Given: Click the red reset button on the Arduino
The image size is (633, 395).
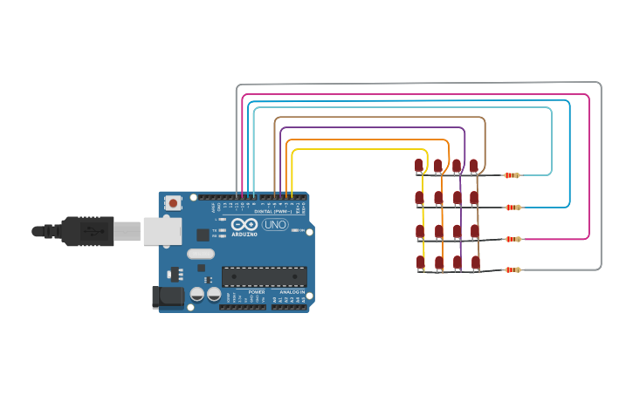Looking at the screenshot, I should [173, 203].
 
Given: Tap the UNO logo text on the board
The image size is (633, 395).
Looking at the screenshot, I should [275, 224].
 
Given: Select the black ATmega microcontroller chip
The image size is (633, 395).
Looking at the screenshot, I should [264, 277].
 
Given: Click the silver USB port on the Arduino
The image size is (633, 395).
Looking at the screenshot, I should [162, 231].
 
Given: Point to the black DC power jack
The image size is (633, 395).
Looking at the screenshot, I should [168, 296].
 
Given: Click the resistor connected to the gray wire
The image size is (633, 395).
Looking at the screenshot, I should [513, 270].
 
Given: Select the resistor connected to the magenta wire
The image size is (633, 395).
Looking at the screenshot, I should [513, 239].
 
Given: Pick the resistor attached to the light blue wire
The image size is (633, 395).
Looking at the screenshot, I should [512, 175].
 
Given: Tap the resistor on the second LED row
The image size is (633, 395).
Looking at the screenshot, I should [513, 208].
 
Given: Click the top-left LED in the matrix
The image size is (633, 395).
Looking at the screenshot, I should [419, 166].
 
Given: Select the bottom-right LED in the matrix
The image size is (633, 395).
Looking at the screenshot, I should [476, 262].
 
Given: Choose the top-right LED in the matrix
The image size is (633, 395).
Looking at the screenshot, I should [474, 165].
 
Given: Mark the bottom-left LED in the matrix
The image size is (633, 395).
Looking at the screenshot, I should [420, 262].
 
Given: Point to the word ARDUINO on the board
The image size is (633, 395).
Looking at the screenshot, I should [244, 235].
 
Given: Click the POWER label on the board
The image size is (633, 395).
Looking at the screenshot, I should [257, 292].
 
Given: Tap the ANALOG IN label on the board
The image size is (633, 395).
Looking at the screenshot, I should [292, 292].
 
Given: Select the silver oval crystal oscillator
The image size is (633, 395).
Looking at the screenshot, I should [200, 255].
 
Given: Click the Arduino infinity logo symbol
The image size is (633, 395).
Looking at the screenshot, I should [244, 224].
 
